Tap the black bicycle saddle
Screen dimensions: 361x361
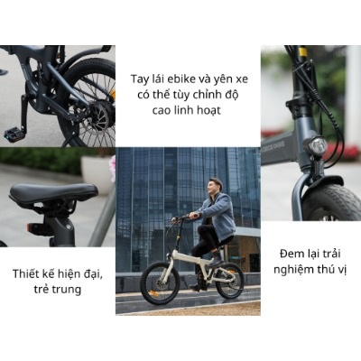(x=53, y=192)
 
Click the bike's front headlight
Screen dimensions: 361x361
(x=317, y=145)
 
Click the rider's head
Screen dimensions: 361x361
(x=215, y=186)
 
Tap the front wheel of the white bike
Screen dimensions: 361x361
(x=160, y=282)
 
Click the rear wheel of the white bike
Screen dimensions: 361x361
(x=230, y=281)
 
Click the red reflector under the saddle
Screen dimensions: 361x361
(x=30, y=227)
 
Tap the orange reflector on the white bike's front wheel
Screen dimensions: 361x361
(x=153, y=293)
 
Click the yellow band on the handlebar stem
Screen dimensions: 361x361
(x=302, y=51)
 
